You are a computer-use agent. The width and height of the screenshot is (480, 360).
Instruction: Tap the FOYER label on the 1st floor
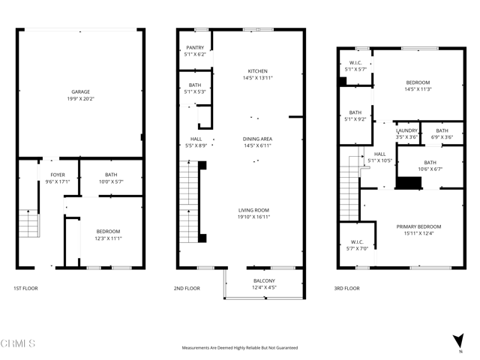[x=58, y=175]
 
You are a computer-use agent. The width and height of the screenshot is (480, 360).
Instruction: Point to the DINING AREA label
[x=257, y=138]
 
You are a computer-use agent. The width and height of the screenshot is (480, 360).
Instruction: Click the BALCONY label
[x=264, y=280]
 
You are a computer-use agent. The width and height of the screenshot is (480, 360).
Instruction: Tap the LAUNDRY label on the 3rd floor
[x=406, y=130]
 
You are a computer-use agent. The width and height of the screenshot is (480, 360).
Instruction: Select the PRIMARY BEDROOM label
[x=418, y=226]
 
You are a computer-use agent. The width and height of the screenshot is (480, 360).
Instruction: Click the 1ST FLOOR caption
[x=25, y=288]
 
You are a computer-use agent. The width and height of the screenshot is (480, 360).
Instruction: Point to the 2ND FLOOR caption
[x=187, y=288]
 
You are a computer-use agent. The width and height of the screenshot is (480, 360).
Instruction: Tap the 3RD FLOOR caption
[x=347, y=288]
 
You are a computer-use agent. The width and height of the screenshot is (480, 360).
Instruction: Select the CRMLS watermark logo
[x=18, y=343]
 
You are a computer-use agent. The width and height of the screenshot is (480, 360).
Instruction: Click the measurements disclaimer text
[x=240, y=348]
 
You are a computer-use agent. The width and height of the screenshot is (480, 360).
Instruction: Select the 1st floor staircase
[x=28, y=224]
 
